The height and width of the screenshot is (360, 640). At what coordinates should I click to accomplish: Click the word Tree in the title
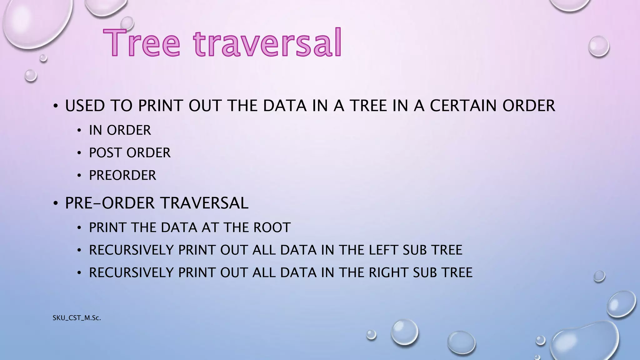142,43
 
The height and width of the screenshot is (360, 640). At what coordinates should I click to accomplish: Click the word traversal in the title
268,43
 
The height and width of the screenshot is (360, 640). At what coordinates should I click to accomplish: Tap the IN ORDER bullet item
120,130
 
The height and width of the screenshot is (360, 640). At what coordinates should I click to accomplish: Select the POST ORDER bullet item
130,153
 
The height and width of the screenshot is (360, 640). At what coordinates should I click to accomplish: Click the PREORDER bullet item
122,175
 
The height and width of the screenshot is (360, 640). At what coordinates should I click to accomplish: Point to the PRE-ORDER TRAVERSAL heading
157,203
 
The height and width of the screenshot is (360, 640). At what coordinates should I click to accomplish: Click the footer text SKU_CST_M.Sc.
77,318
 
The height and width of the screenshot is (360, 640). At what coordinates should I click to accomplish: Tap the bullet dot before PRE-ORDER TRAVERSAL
56,204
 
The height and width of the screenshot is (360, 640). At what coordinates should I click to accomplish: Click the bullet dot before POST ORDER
79,153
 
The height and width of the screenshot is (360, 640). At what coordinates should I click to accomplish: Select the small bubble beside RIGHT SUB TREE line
599,276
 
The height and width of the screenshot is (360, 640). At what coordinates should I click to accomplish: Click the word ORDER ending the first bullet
528,106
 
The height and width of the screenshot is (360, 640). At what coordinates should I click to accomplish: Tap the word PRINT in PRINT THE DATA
108,227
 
